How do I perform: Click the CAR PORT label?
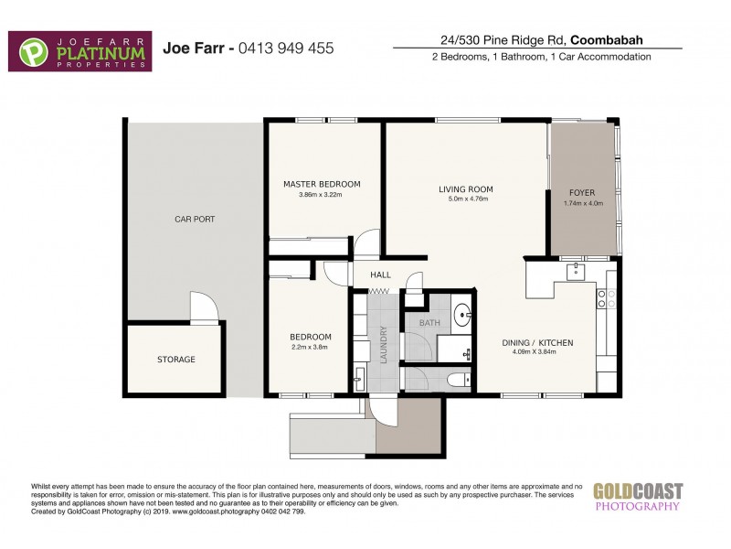[195, 220]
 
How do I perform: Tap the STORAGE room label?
[175, 360]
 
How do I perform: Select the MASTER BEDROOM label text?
[322, 184]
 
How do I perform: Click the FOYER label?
[582, 193]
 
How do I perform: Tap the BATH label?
[429, 323]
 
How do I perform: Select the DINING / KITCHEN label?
[538, 343]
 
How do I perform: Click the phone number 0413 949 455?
[286, 48]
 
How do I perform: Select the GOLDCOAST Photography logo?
[637, 496]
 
